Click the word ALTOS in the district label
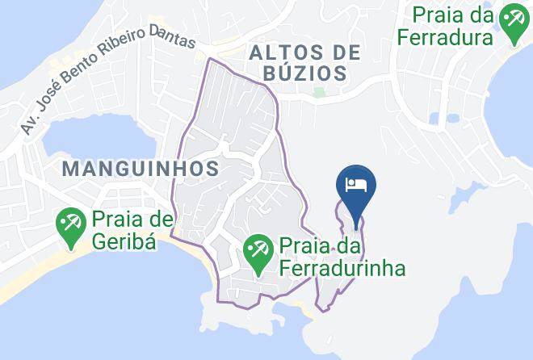[281, 53]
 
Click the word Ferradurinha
[342, 266]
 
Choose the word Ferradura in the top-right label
[445, 37]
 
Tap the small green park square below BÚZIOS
[319, 92]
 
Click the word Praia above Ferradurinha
[304, 244]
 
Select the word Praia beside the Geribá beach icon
[115, 219]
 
